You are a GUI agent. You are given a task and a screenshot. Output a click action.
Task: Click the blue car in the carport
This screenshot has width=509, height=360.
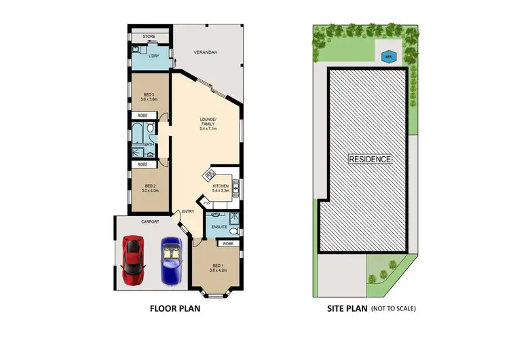(171, 262)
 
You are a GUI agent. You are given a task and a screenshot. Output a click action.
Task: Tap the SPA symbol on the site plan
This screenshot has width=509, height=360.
(389, 57)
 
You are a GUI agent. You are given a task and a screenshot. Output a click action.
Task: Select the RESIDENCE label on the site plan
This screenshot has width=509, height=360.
(370, 159)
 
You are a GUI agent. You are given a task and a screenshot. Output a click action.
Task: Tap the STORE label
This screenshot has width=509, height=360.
(149, 37)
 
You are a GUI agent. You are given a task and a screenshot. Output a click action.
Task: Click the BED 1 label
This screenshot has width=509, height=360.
(218, 266)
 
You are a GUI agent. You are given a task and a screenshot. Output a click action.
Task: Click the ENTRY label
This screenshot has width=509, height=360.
(188, 212)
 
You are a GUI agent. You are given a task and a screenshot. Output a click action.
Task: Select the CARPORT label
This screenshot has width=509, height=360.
(150, 221)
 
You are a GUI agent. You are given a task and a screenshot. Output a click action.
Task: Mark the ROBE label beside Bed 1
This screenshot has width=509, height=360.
(229, 242)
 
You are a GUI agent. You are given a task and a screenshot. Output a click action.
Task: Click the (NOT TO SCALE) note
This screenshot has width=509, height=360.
(393, 308)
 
